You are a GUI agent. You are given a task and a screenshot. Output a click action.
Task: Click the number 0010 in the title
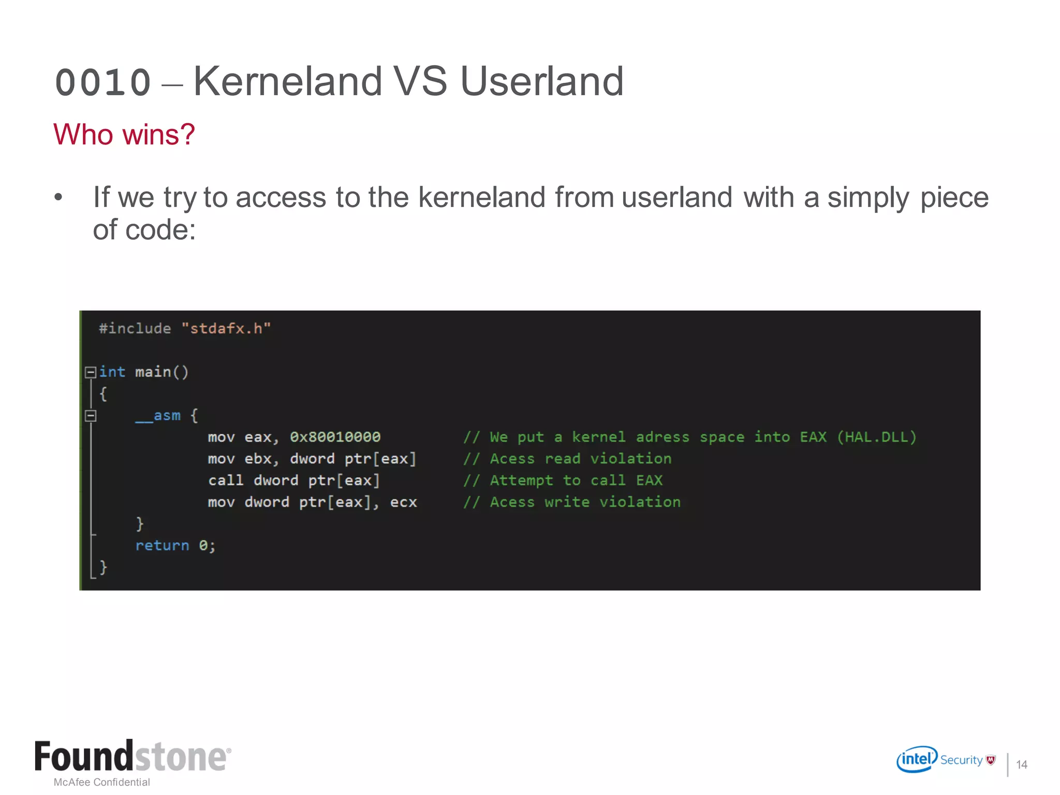coord(103,83)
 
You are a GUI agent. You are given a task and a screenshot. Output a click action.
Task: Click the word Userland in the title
coord(541,81)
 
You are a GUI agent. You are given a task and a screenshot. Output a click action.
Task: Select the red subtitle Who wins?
coord(124,135)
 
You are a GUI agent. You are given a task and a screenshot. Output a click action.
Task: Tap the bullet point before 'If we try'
coord(58,198)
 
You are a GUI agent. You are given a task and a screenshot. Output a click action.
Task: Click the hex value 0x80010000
coord(335,437)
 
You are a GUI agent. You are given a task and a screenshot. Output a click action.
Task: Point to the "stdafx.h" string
coord(226,329)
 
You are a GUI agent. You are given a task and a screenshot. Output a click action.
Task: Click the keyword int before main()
coord(112,372)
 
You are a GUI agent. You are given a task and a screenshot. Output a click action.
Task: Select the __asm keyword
coord(158,416)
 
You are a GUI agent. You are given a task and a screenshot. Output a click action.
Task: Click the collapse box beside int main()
coord(91,372)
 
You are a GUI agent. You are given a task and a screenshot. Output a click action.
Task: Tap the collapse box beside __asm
coord(91,416)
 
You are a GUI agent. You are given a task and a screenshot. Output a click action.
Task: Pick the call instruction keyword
coord(226,481)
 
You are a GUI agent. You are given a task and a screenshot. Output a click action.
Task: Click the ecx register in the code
coord(403,503)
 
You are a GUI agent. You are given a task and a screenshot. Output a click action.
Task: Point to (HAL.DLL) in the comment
coord(876,437)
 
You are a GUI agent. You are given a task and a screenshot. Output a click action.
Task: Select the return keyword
coord(162,546)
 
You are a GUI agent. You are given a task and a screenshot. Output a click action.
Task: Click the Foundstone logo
coord(132,757)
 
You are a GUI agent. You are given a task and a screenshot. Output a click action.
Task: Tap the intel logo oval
coord(917,759)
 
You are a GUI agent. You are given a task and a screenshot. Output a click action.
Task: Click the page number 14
coord(1022,764)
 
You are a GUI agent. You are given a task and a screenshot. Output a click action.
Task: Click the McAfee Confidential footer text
coord(102,782)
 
